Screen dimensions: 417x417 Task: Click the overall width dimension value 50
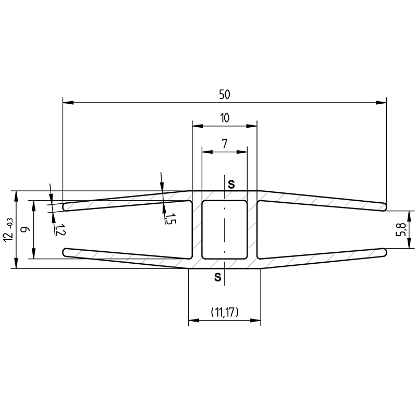click(225, 94)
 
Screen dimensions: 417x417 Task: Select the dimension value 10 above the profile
click(225, 118)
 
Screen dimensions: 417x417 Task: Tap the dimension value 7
click(225, 144)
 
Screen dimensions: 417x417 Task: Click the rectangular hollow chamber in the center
click(225, 229)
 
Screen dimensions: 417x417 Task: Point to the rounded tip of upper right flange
click(385, 206)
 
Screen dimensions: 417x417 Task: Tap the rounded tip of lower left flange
click(66, 252)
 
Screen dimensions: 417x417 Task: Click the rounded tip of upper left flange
click(66, 207)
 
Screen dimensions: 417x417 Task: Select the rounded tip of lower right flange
click(385, 252)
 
